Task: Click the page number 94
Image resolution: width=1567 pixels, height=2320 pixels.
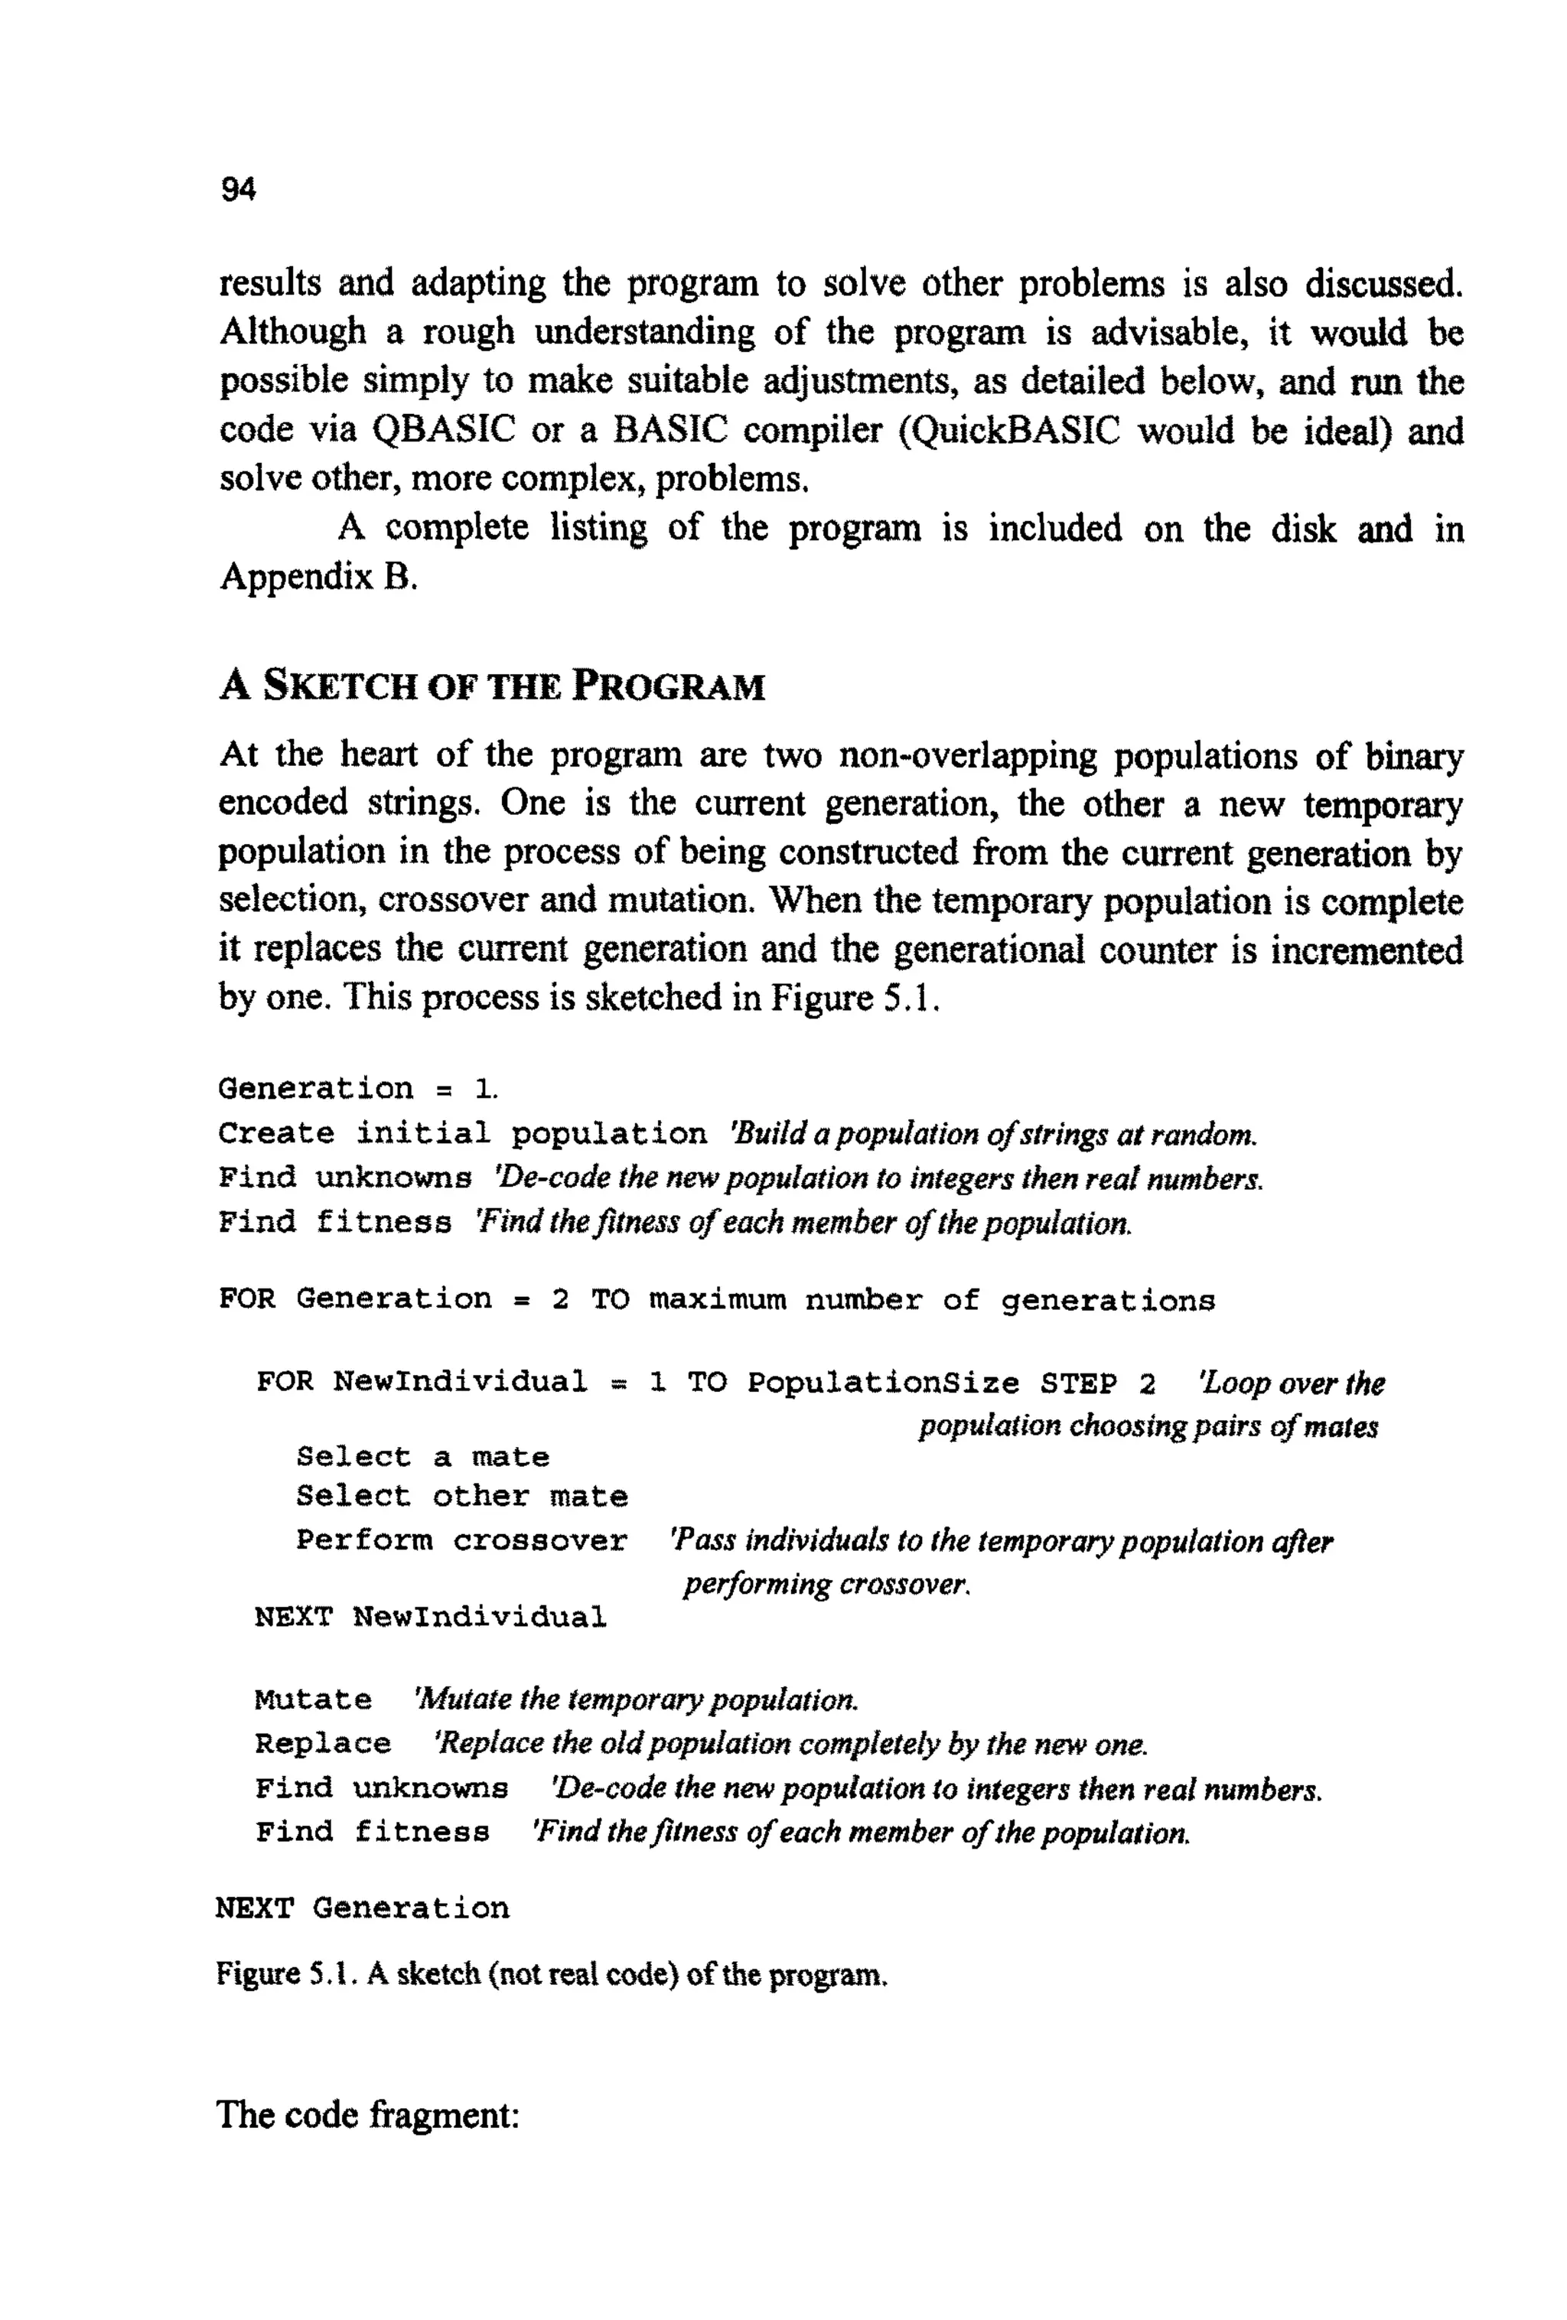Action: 237,189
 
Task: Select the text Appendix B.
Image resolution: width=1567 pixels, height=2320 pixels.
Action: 318,577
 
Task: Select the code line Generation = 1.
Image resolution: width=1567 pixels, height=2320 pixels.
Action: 357,1088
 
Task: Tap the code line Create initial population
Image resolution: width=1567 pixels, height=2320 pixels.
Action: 462,1134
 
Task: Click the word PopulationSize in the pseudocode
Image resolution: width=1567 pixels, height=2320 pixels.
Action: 883,1383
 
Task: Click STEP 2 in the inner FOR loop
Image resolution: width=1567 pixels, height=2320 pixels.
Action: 1097,1383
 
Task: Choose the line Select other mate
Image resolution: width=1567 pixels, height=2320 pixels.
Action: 462,1497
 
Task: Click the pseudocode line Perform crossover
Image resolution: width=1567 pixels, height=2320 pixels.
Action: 462,1540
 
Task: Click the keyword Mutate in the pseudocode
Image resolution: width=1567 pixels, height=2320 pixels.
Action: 312,1699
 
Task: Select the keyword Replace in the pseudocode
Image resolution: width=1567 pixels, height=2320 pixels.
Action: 322,1743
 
